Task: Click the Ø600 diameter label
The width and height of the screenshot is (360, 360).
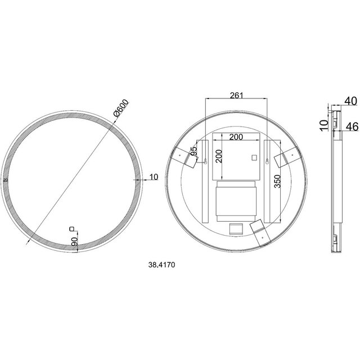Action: coord(121,108)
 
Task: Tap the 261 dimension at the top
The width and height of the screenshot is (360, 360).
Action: coord(236,96)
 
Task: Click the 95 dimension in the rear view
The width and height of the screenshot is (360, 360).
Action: coord(194,151)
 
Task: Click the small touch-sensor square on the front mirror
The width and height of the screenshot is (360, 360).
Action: coord(71,228)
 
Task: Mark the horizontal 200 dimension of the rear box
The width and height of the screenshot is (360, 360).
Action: coord(236,137)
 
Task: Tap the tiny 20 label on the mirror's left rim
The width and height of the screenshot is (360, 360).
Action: coord(6,180)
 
